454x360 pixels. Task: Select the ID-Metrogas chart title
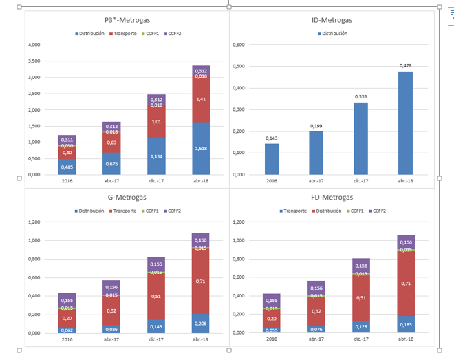pyautogui.click(x=332, y=21)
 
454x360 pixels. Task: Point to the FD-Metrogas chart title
pyautogui.click(x=332, y=198)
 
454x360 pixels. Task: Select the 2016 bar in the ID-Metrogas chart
pyautogui.click(x=272, y=158)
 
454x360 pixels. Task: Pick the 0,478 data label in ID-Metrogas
pyautogui.click(x=405, y=66)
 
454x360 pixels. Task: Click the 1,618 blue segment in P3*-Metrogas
pyautogui.click(x=201, y=148)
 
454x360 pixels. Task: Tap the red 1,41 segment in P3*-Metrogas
pyautogui.click(x=201, y=100)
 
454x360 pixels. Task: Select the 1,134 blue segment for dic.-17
pyautogui.click(x=157, y=156)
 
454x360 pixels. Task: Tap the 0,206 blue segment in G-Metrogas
pyautogui.click(x=201, y=323)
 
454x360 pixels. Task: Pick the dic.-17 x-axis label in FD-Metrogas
pyautogui.click(x=361, y=339)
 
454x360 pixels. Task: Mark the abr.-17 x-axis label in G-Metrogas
pyautogui.click(x=111, y=339)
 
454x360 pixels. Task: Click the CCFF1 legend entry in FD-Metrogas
pyautogui.click(x=355, y=211)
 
